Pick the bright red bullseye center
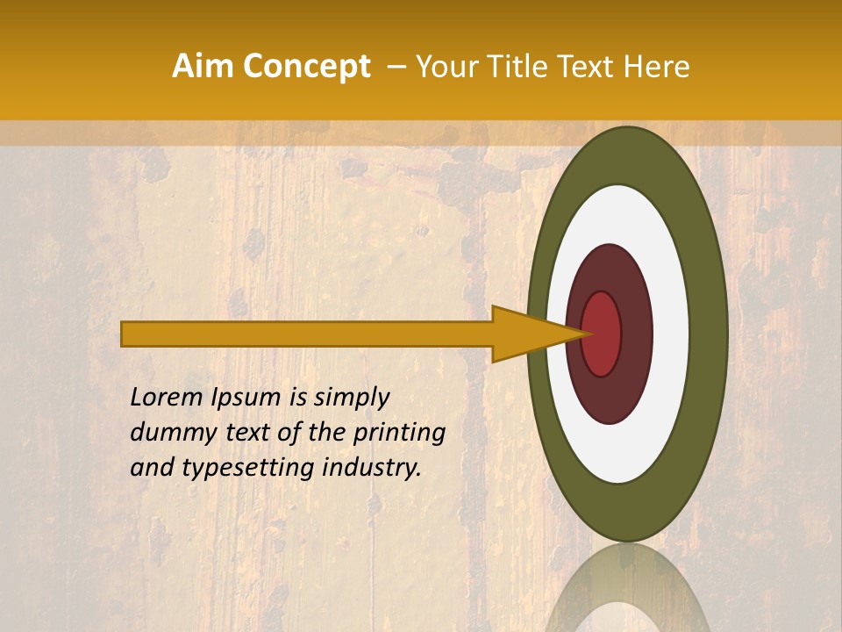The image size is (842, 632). (x=602, y=334)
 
